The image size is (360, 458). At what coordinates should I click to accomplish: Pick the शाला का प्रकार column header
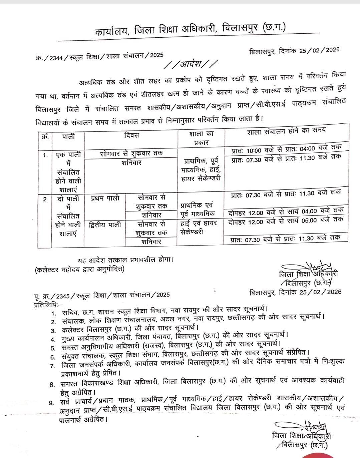201,138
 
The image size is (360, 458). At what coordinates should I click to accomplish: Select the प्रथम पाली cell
105,198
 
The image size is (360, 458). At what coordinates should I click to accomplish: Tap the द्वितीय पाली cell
105,225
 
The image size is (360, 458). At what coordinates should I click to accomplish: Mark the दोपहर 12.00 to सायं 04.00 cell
286,211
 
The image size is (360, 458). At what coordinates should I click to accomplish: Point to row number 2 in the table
45,199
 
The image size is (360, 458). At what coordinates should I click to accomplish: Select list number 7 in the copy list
52,366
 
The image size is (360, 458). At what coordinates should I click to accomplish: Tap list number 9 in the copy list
51,403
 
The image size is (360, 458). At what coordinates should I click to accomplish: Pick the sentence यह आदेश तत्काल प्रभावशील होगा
126,260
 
